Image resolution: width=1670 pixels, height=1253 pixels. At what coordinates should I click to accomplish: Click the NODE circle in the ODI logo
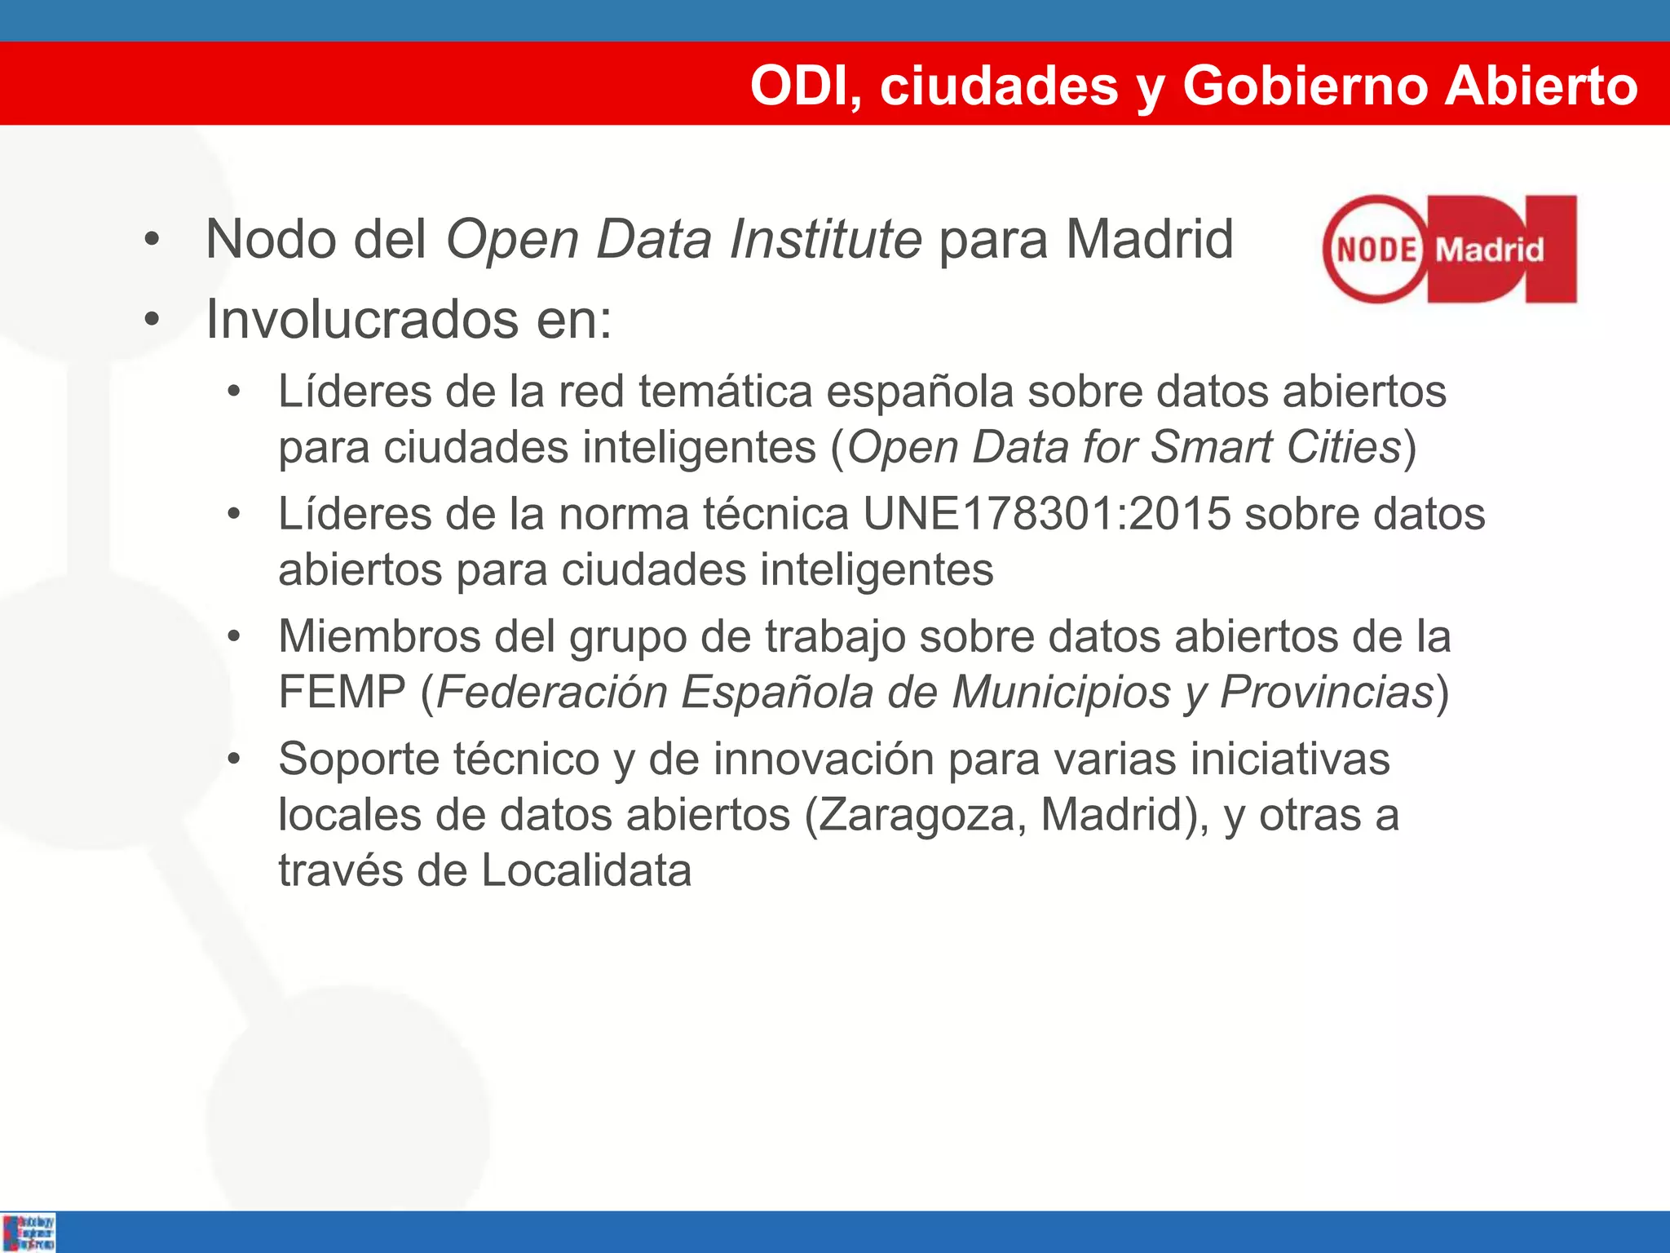pyautogui.click(x=1376, y=250)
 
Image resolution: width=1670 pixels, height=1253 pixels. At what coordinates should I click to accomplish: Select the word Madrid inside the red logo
pyautogui.click(x=1489, y=250)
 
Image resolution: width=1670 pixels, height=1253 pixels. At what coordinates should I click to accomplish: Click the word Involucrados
pyautogui.click(x=361, y=319)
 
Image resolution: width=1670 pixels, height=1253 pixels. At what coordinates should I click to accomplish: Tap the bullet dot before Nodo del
pyautogui.click(x=152, y=241)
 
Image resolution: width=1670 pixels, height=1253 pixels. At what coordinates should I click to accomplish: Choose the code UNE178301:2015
pyautogui.click(x=1046, y=514)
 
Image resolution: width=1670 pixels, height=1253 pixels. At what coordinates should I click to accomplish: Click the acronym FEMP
pyautogui.click(x=342, y=692)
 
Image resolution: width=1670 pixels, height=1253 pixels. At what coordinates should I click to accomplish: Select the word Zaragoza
pyautogui.click(x=917, y=814)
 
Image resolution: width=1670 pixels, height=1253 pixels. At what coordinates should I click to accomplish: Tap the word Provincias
pyautogui.click(x=1327, y=692)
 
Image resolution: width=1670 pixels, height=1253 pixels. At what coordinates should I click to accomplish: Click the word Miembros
pyautogui.click(x=379, y=636)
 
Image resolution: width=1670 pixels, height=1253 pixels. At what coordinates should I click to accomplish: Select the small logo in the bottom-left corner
pyautogui.click(x=29, y=1232)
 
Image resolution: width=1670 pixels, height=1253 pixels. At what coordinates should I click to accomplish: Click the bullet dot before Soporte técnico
pyautogui.click(x=234, y=759)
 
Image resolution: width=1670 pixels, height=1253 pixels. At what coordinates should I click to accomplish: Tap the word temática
pyautogui.click(x=725, y=392)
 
